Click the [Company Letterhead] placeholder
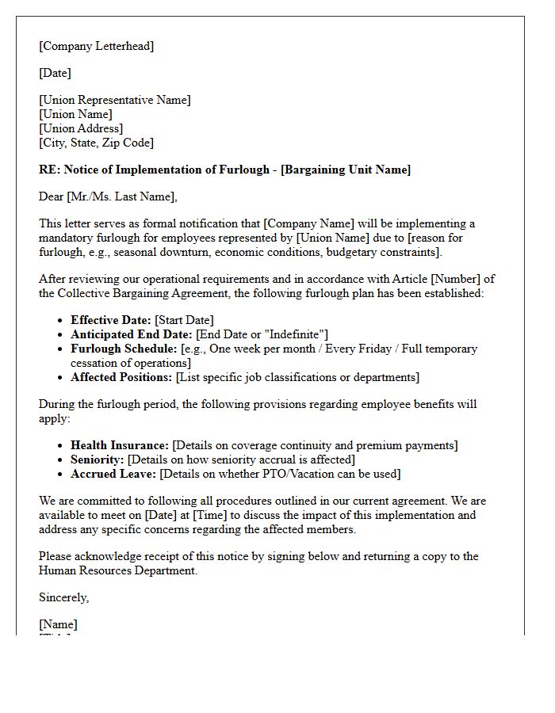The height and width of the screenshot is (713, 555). [96, 46]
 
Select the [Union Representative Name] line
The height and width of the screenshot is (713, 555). [114, 100]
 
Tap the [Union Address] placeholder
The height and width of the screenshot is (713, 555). [80, 128]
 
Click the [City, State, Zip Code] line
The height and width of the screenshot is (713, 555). [96, 143]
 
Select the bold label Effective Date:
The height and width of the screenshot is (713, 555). [110, 320]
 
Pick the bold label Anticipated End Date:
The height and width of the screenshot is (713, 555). [131, 334]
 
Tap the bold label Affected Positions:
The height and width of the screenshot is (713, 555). [121, 377]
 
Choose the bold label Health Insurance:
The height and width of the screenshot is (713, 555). [119, 445]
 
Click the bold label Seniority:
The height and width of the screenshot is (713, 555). [98, 459]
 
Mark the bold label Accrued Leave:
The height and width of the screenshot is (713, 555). [113, 474]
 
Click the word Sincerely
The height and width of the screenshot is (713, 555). [63, 597]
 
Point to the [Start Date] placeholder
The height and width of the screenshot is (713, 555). [184, 320]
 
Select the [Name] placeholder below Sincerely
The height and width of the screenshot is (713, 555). [57, 624]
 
